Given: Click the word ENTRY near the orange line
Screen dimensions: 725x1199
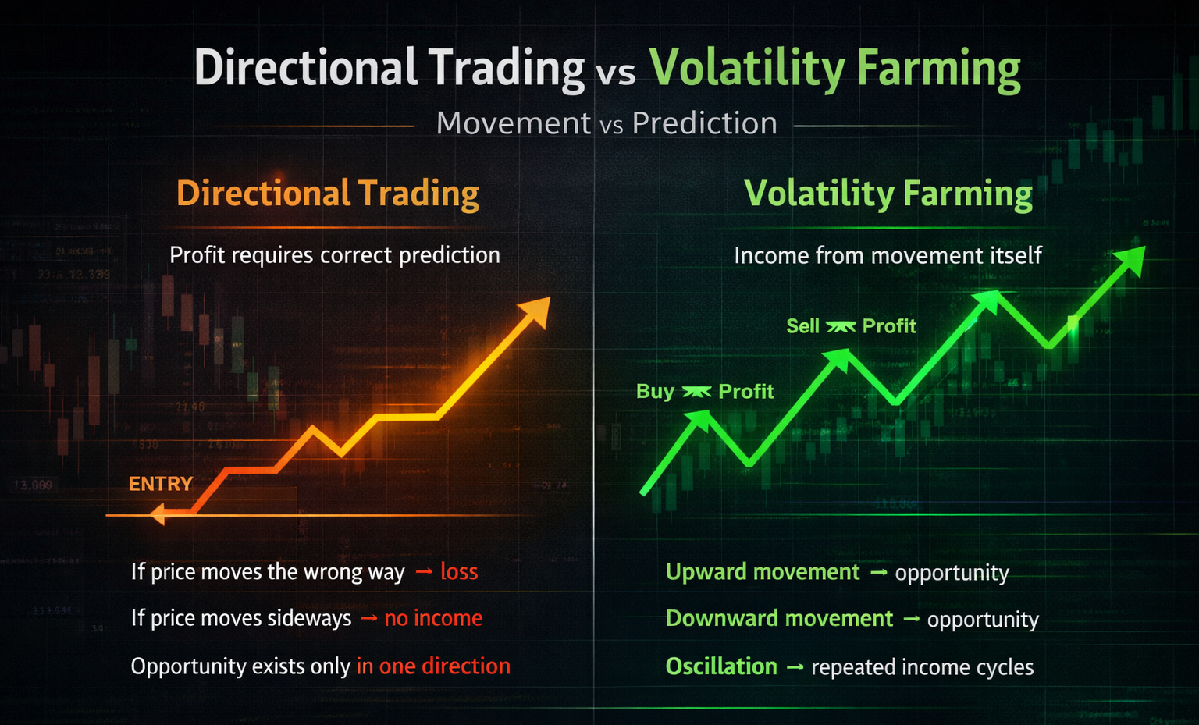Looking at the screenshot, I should point(161,484).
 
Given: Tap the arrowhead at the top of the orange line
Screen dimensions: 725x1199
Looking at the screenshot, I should point(537,310).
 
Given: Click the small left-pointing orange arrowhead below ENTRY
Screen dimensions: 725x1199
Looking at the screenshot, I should point(158,514).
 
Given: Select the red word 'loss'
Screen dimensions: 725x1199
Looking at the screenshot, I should point(459,571).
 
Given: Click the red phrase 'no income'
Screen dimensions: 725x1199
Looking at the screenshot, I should point(433,618).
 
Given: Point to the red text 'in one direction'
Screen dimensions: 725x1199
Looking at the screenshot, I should point(433,666).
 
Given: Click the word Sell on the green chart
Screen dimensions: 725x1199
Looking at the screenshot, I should point(802,326).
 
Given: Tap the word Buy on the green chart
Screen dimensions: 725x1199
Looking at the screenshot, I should point(655,391).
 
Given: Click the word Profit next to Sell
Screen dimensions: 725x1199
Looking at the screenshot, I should point(889,326).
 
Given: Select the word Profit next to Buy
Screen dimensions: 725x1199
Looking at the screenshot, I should point(745,391).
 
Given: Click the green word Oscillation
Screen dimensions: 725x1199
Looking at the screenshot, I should point(721,666).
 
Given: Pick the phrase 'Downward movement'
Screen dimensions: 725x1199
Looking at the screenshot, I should point(779,618).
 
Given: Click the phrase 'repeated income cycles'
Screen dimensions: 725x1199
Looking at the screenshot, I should point(922,667).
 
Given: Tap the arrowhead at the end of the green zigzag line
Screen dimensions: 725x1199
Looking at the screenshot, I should point(1131,260).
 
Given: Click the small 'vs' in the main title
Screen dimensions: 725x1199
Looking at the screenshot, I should point(616,73).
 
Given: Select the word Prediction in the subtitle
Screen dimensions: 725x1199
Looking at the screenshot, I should point(704,123).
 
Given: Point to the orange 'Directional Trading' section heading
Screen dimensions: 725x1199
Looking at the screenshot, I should point(328,194).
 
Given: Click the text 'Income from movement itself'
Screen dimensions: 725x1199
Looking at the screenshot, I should point(888,255).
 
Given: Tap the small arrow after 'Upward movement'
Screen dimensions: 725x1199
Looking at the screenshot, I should point(878,573).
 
